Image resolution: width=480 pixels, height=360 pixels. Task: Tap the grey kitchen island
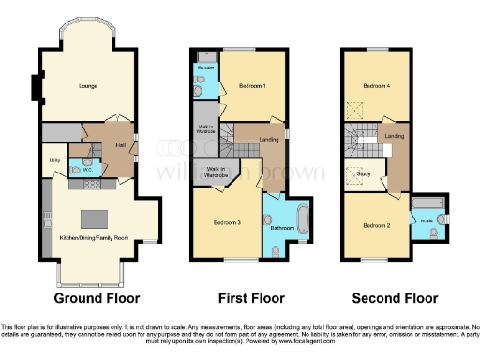[x=95, y=219]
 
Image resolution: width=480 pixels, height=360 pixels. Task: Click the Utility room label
[x=53, y=161]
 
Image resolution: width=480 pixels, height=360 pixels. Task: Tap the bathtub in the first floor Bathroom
[x=299, y=221]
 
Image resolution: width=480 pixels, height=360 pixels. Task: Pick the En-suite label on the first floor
[x=205, y=68]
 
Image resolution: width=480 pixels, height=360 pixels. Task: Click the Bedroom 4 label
[x=377, y=85]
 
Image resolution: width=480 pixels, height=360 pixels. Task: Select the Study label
[x=367, y=173]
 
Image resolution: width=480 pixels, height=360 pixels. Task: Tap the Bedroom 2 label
[x=376, y=226]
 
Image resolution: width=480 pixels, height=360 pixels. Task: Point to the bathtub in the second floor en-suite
[x=427, y=203]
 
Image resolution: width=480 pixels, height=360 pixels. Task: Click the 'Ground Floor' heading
[x=97, y=299]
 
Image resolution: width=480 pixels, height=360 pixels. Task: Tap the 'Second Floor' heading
[x=395, y=299]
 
